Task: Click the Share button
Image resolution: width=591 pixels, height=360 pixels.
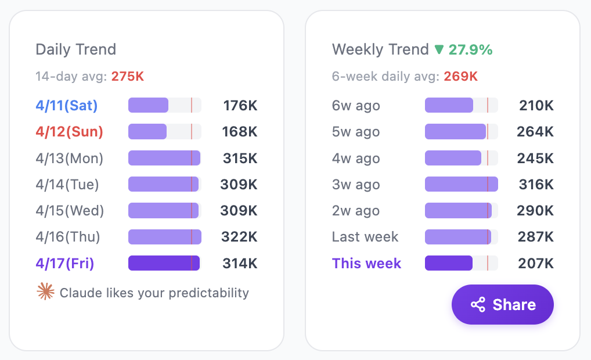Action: pos(503,305)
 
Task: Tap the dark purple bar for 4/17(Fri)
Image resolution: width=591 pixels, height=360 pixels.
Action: pos(164,264)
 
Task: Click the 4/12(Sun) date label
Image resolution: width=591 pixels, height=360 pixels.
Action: pos(69,132)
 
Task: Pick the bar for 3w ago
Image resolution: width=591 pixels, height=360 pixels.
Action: pos(461,185)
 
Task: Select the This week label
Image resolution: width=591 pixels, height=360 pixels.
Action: pos(366,264)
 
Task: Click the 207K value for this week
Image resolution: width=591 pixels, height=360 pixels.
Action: pos(536,264)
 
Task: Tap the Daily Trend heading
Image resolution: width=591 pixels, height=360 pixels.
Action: pos(76,49)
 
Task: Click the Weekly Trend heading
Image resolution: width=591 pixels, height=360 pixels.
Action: pos(380,49)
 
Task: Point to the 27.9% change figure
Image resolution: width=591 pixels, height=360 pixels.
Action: pos(470,49)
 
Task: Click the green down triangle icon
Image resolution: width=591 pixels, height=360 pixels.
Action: pos(439,49)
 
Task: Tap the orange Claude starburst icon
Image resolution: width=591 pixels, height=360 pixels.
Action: pos(45,292)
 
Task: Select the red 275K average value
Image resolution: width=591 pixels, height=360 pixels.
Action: pos(128,76)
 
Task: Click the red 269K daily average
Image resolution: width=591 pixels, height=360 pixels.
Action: pos(461,76)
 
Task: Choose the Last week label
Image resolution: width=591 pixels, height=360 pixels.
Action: pos(365,237)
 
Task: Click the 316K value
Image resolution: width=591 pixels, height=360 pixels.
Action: pos(536,185)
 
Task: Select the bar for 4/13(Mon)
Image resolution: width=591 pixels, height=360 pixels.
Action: pos(164,158)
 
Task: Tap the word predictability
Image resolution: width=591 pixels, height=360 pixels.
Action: pos(208,293)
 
